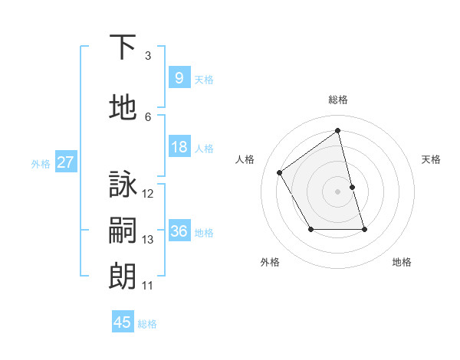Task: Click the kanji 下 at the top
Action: pos(123,47)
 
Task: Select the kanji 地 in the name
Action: pos(123,109)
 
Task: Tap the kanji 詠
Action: pos(123,185)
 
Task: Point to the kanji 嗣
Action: pos(123,231)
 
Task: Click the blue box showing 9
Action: pos(179,78)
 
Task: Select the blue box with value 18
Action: pos(179,147)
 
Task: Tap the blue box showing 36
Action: pos(179,231)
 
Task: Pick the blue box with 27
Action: pos(65,162)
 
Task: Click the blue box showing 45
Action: pos(123,322)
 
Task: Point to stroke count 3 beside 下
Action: pos(148,56)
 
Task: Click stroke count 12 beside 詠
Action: pos(148,194)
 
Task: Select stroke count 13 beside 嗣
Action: pos(148,240)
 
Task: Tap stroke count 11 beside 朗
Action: pos(148,286)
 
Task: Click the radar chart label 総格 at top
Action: pos(338,100)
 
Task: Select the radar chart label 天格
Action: pos(432,159)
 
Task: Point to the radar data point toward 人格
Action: pos(280,173)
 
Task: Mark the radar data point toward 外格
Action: pos(310,229)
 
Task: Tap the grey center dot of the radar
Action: pos(338,191)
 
